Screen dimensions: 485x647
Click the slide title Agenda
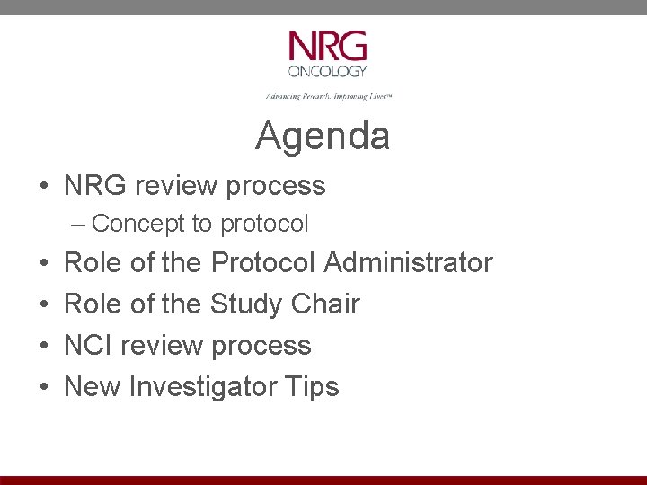(x=323, y=137)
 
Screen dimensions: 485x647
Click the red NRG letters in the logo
(x=327, y=46)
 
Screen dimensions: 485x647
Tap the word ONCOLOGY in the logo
(x=327, y=71)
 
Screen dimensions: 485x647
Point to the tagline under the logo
(x=328, y=95)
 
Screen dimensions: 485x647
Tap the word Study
(x=246, y=304)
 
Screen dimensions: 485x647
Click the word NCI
(x=88, y=345)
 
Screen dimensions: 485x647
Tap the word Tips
(x=312, y=386)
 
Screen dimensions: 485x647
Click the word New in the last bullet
(x=93, y=386)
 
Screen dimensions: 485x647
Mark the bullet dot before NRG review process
(x=42, y=186)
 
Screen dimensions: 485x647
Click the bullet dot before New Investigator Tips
(x=44, y=387)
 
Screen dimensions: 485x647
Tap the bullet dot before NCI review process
(x=44, y=346)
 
